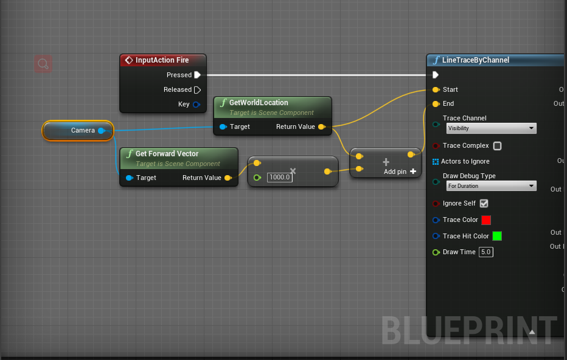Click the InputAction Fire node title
(x=162, y=60)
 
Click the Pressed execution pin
(x=197, y=75)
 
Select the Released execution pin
(x=197, y=89)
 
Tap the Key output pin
(x=197, y=104)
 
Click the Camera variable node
(x=79, y=130)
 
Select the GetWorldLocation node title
(x=259, y=103)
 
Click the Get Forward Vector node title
(x=167, y=154)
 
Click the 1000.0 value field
(x=280, y=177)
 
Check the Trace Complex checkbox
(x=498, y=146)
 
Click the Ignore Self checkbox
(x=484, y=204)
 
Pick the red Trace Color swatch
(x=486, y=220)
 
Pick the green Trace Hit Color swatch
(x=497, y=236)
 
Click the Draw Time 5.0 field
(x=485, y=252)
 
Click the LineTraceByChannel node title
(x=476, y=60)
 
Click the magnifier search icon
(x=43, y=63)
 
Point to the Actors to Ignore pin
(x=436, y=161)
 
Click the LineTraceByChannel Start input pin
(x=436, y=89)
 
